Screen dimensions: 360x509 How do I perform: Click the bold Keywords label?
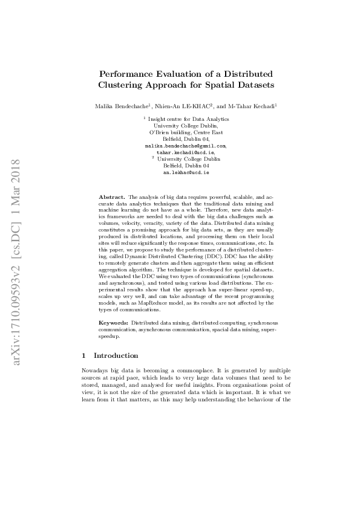114,324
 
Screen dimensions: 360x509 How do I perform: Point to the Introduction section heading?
116,355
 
